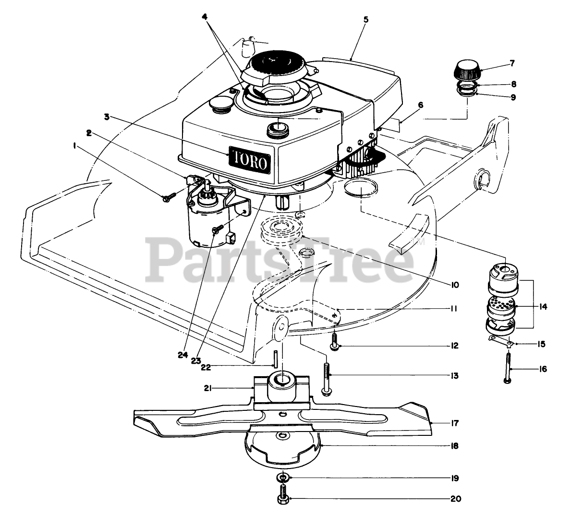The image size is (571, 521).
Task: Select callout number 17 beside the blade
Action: click(x=455, y=424)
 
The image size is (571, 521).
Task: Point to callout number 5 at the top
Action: click(x=366, y=20)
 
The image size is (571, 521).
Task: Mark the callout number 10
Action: click(x=454, y=285)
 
